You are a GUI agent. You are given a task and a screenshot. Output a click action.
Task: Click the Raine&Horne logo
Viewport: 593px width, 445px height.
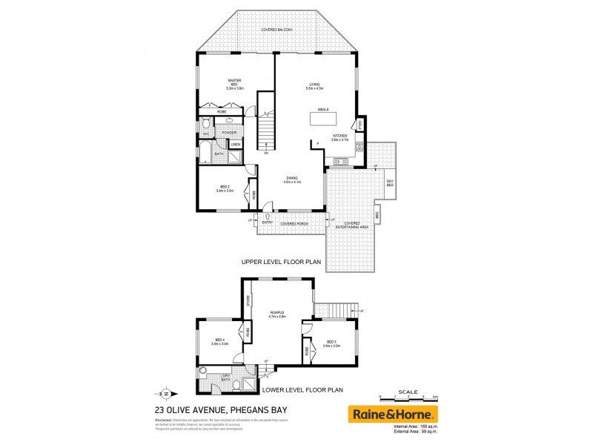tap(393, 414)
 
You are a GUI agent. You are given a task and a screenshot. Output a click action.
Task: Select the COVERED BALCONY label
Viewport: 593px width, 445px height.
tap(276, 30)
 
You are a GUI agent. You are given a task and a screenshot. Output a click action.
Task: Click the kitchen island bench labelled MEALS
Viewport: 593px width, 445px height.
tap(323, 119)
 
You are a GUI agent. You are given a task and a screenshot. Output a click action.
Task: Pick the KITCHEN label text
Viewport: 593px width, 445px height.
tap(339, 136)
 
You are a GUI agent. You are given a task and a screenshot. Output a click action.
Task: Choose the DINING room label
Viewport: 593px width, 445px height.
tap(291, 177)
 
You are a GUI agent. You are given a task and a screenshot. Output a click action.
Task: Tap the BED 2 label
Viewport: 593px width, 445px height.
tap(225, 187)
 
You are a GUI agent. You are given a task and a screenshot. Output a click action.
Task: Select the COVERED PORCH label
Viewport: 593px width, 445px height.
tap(293, 222)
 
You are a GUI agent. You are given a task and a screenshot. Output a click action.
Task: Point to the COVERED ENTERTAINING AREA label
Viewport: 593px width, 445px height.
tap(351, 225)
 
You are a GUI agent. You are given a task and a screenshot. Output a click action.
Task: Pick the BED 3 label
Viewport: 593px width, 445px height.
tap(331, 343)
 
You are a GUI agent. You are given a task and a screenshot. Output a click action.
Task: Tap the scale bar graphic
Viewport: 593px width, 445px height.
tap(408, 399)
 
